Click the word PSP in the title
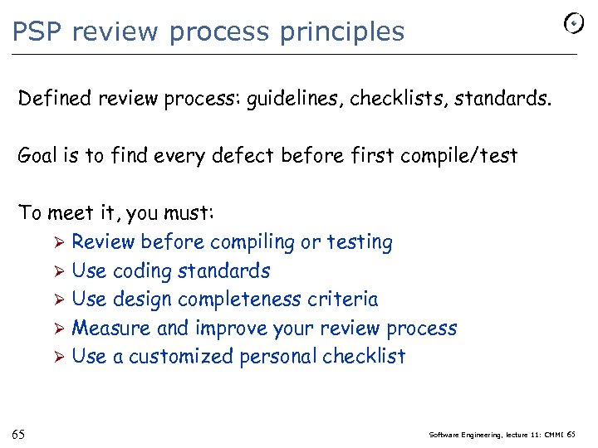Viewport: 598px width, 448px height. click(38, 32)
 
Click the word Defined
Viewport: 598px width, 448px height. click(55, 100)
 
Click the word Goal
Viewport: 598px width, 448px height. click(39, 155)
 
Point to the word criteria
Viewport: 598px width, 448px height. click(348, 299)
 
